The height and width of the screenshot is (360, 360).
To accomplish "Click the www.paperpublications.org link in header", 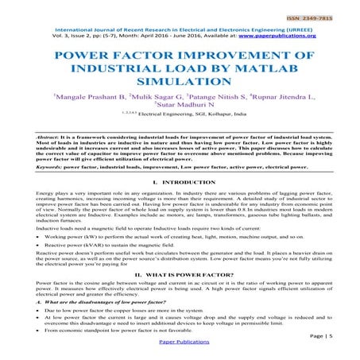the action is pos(278,35).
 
